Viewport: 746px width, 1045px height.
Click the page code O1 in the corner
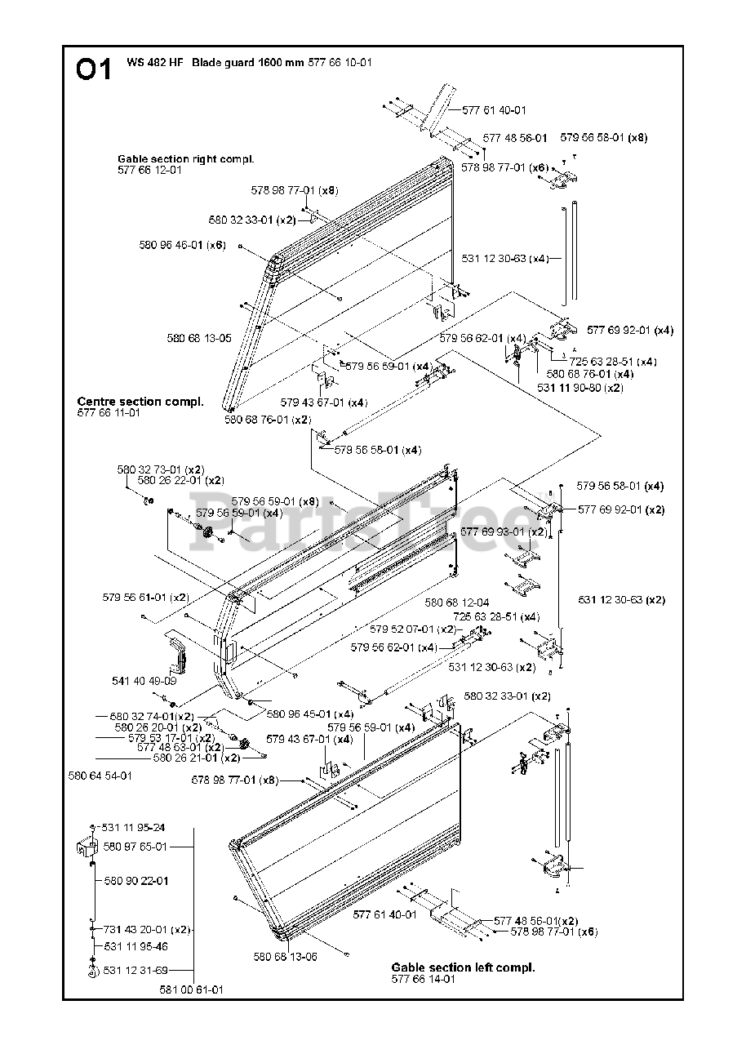click(94, 70)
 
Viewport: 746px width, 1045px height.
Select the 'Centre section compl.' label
click(140, 402)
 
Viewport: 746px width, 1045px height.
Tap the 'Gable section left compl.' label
click(463, 967)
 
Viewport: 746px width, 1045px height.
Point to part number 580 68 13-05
click(199, 338)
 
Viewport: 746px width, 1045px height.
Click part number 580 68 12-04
click(457, 603)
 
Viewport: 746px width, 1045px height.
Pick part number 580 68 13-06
click(285, 957)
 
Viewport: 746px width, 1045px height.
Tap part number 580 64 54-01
click(100, 776)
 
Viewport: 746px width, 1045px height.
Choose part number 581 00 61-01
click(192, 989)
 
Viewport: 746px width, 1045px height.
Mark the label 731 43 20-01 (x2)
click(147, 929)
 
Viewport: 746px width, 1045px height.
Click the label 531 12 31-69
click(135, 970)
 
